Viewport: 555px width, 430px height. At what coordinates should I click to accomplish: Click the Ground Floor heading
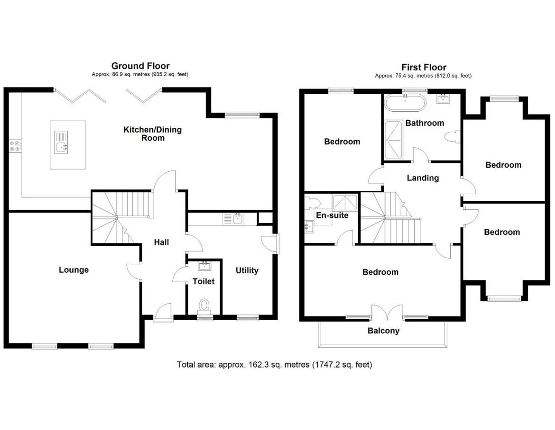pyautogui.click(x=140, y=66)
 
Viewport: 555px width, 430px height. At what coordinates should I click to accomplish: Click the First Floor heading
pyautogui.click(x=423, y=67)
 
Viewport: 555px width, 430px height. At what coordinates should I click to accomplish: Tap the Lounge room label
pyautogui.click(x=74, y=270)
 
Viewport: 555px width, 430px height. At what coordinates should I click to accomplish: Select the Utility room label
pyautogui.click(x=247, y=270)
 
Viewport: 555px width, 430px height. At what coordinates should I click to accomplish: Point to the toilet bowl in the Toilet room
pyautogui.click(x=204, y=304)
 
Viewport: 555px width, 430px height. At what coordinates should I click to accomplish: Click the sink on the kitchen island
pyautogui.click(x=61, y=147)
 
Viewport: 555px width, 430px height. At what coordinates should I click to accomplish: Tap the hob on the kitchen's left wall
pyautogui.click(x=14, y=145)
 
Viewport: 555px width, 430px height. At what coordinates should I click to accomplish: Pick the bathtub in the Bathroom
pyautogui.click(x=405, y=102)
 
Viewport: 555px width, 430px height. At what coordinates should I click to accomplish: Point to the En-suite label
pyautogui.click(x=332, y=215)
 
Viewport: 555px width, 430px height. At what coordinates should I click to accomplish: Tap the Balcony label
pyautogui.click(x=383, y=331)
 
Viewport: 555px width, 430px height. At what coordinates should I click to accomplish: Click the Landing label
pyautogui.click(x=423, y=178)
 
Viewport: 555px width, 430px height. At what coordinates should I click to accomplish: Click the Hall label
pyautogui.click(x=161, y=242)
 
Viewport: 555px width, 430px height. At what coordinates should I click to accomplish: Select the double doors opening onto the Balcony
pyautogui.click(x=383, y=312)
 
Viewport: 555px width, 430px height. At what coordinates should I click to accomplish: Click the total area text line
pyautogui.click(x=275, y=365)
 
